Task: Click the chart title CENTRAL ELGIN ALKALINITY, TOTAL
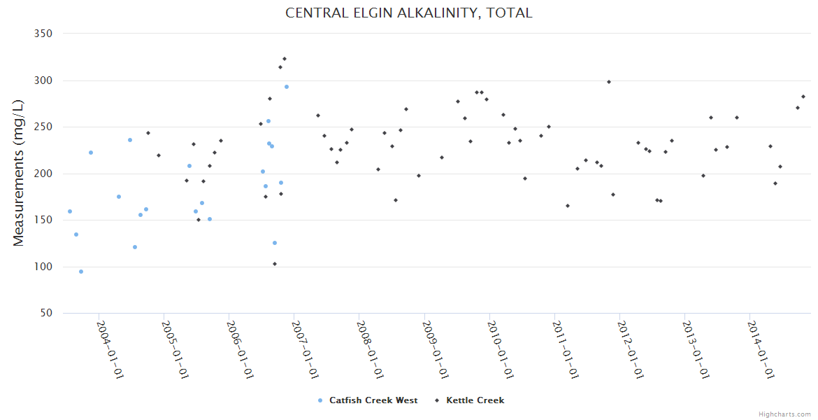(x=408, y=13)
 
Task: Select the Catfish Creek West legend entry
(x=373, y=400)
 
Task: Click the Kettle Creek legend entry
(x=475, y=400)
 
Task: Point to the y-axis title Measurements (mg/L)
(x=19, y=173)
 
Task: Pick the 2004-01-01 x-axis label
(x=109, y=349)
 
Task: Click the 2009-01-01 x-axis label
(x=434, y=349)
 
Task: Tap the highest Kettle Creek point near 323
(x=285, y=59)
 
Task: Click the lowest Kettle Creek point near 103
(x=275, y=264)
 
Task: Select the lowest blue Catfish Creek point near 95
(x=81, y=272)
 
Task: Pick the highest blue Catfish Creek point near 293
(x=287, y=87)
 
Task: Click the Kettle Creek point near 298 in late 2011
(x=609, y=82)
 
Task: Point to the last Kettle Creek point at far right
(x=803, y=97)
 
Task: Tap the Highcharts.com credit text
(x=784, y=414)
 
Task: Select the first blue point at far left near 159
(x=70, y=211)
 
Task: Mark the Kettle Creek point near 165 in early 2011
(x=568, y=206)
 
